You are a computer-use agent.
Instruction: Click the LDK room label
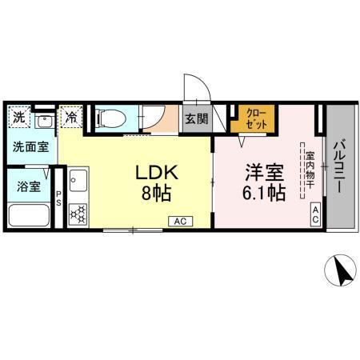click(x=149, y=174)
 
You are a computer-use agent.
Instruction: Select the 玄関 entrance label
click(x=196, y=119)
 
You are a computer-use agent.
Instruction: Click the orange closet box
click(x=252, y=119)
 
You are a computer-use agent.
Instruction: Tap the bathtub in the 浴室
click(x=29, y=215)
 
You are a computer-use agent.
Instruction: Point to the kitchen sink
click(x=78, y=181)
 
